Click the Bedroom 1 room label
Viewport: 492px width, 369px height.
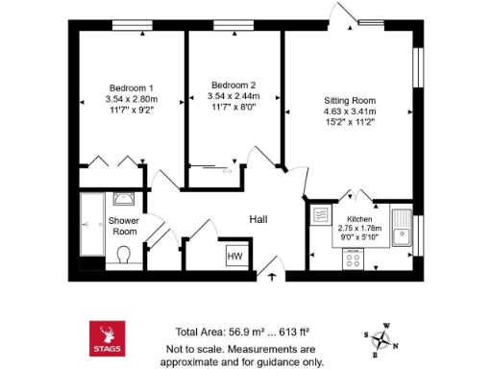pyautogui.click(x=130, y=87)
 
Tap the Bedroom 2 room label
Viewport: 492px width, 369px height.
pyautogui.click(x=232, y=84)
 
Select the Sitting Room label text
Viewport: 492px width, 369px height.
pyautogui.click(x=348, y=100)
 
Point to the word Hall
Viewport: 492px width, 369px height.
pyautogui.click(x=258, y=219)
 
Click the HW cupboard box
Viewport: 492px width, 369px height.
pyautogui.click(x=234, y=256)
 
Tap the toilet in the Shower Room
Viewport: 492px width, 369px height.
pyautogui.click(x=121, y=255)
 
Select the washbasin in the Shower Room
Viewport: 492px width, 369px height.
pyautogui.click(x=124, y=199)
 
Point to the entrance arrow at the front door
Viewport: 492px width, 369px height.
pyautogui.click(x=272, y=277)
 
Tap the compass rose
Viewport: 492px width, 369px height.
pyautogui.click(x=384, y=339)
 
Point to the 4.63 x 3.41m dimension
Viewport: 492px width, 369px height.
pyautogui.click(x=348, y=111)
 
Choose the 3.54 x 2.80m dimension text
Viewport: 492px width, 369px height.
pyautogui.click(x=130, y=98)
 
